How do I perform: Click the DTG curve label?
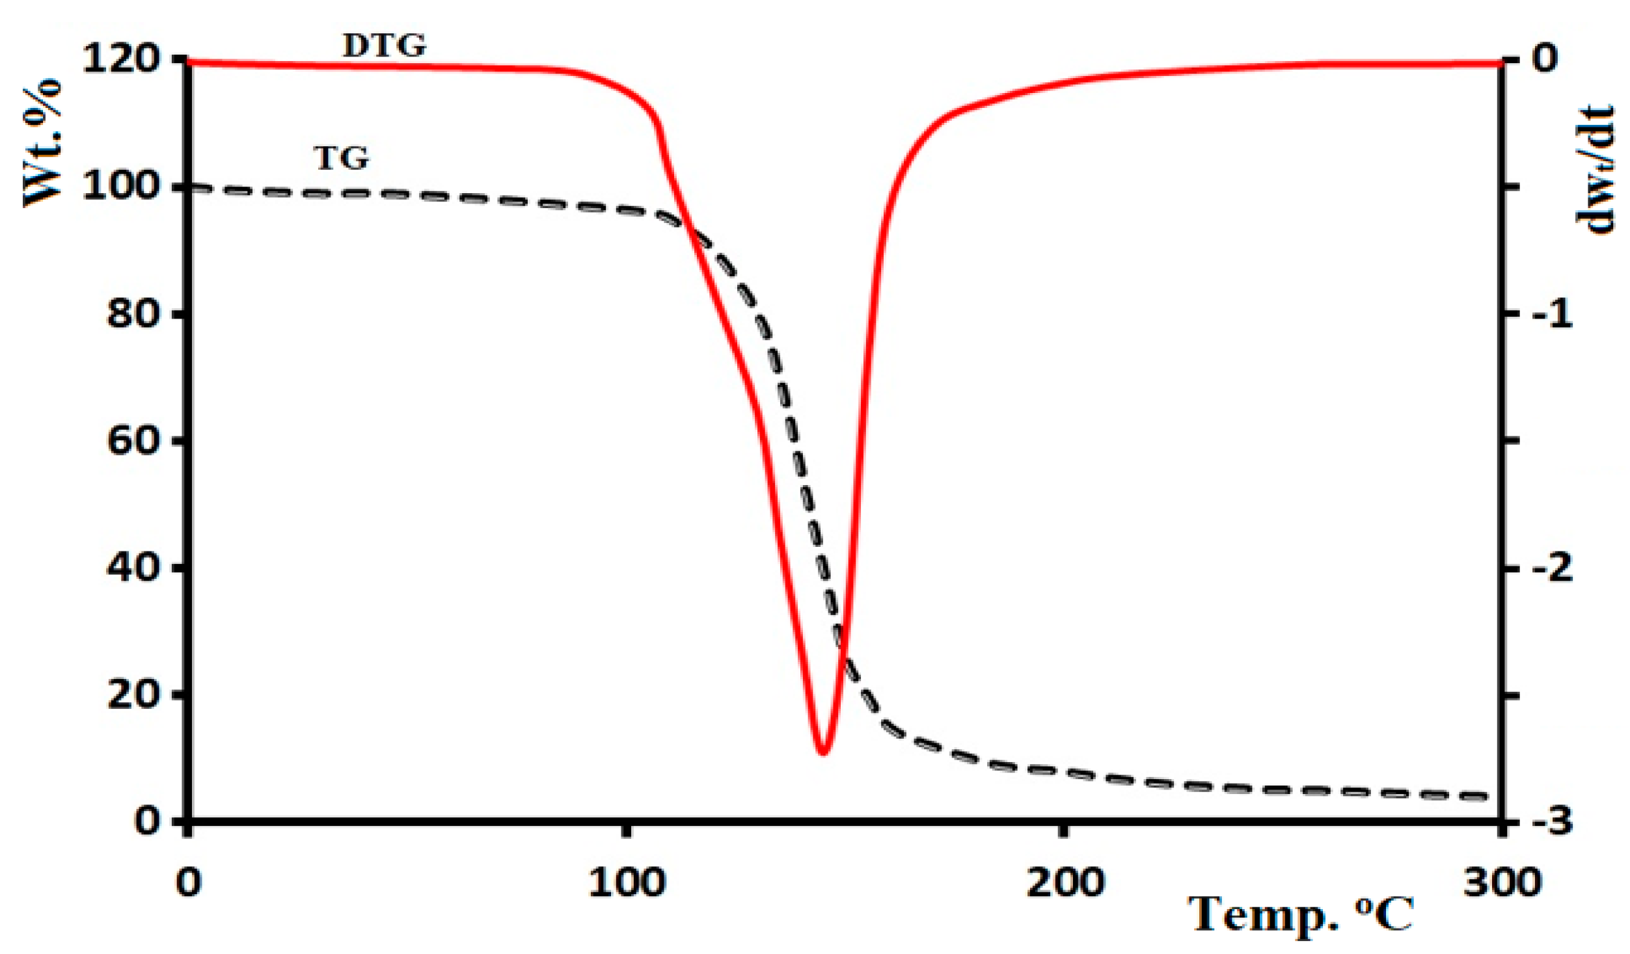coord(384,46)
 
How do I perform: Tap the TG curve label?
coord(342,158)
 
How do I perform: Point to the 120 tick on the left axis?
coord(122,59)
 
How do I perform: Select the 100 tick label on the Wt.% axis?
coord(122,186)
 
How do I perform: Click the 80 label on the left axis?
coord(133,313)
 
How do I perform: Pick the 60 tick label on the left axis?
coord(133,440)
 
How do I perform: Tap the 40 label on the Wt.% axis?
coord(133,568)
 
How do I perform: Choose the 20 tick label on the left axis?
coord(133,695)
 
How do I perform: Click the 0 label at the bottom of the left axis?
coord(147,821)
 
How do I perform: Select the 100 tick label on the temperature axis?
coord(627,883)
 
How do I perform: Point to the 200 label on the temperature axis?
coord(1065,883)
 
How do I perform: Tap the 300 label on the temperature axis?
coord(1502,883)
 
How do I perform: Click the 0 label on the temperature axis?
coord(189,883)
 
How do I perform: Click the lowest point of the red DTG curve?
coord(823,753)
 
